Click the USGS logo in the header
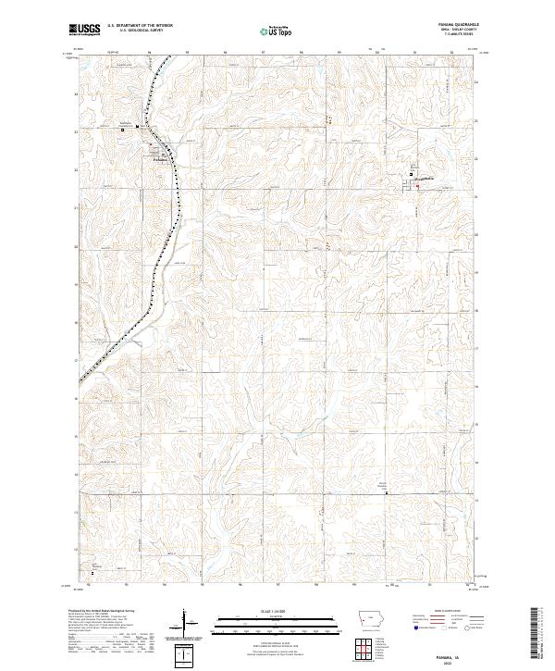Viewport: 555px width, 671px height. pyautogui.click(x=84, y=30)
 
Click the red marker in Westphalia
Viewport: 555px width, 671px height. pyautogui.click(x=417, y=187)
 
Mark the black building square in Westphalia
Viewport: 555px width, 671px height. pyautogui.click(x=413, y=175)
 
